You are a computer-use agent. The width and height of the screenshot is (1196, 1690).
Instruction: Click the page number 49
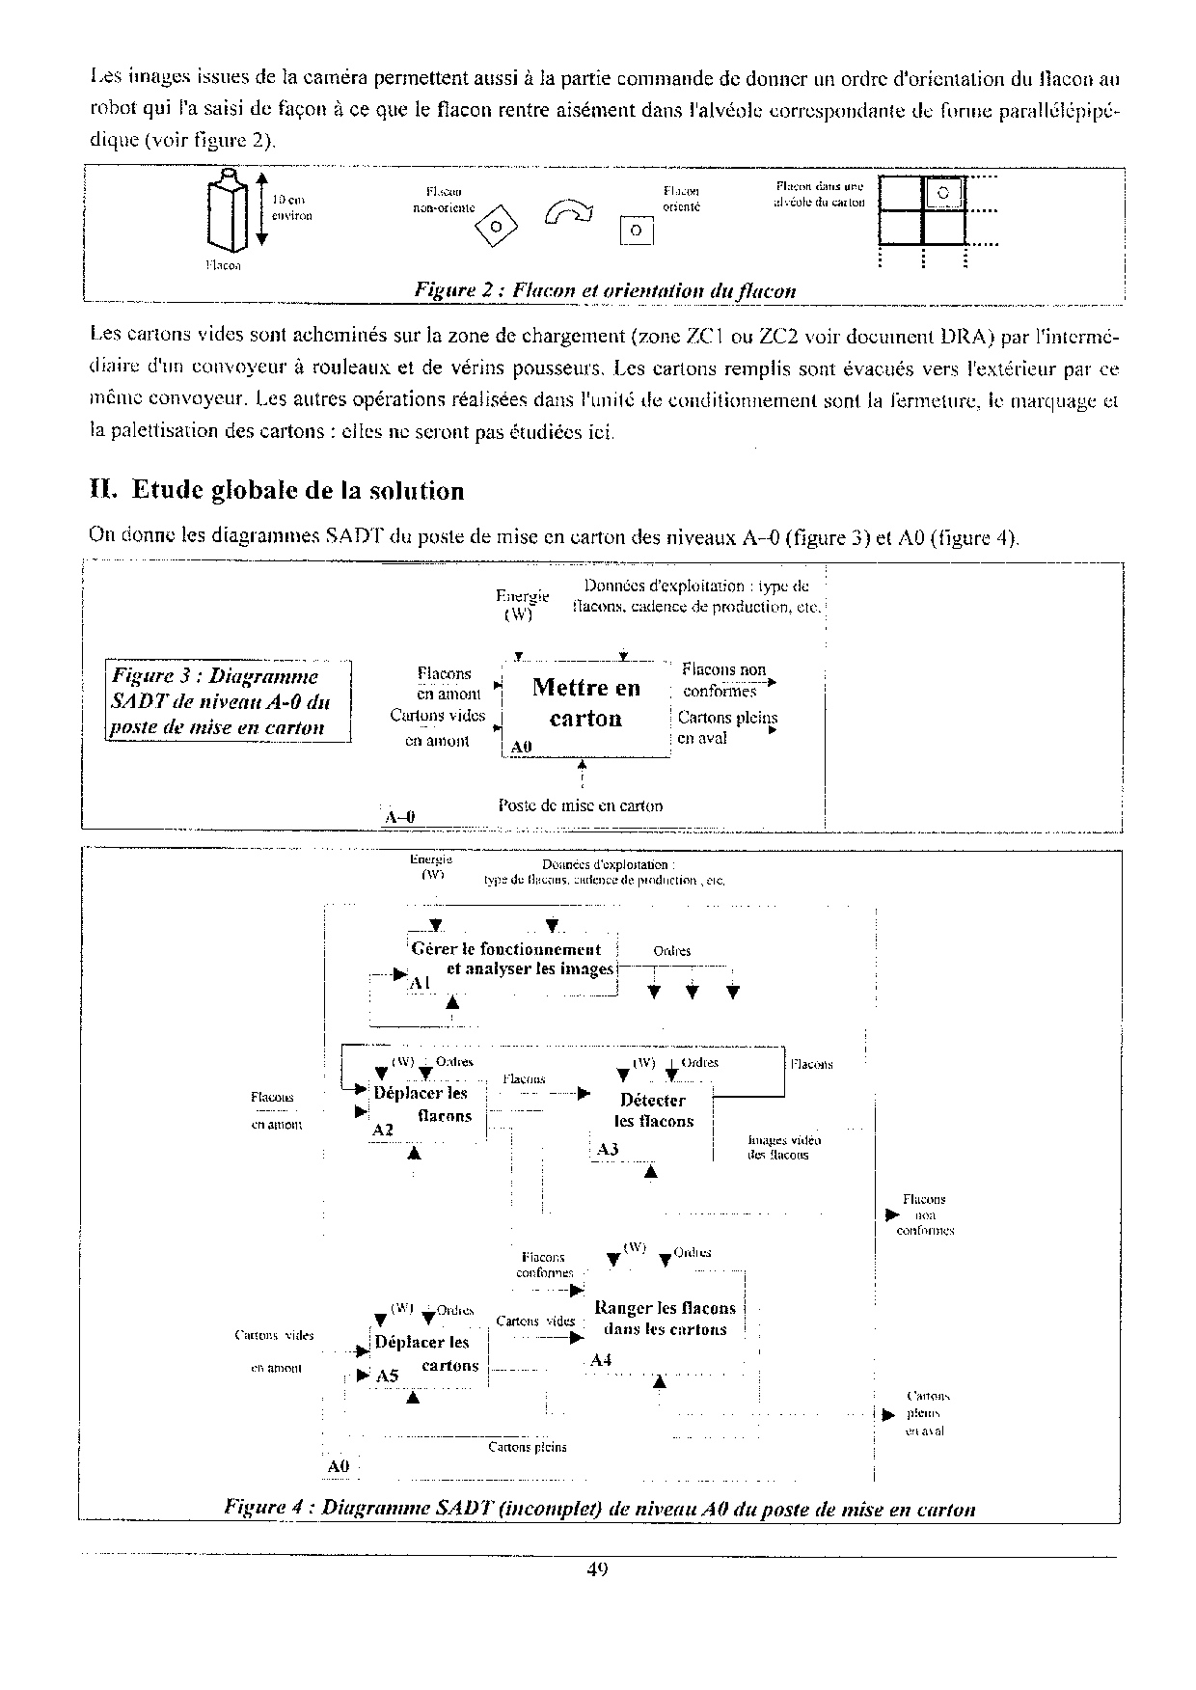(x=597, y=1569)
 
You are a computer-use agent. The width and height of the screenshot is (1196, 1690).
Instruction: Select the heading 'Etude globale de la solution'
(x=297, y=491)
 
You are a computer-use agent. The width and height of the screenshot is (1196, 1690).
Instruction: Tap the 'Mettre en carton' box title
(x=585, y=703)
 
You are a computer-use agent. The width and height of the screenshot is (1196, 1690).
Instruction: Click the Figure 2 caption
(x=605, y=290)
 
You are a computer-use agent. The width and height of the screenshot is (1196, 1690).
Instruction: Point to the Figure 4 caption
(x=599, y=1509)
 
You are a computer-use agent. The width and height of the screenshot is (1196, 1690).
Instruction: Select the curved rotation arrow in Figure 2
(x=569, y=213)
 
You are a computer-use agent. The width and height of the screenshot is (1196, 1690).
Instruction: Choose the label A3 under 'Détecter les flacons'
(x=608, y=1149)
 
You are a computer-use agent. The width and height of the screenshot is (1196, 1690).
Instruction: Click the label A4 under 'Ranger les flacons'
(x=601, y=1360)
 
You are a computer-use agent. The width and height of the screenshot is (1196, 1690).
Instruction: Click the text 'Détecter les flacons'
(x=654, y=1110)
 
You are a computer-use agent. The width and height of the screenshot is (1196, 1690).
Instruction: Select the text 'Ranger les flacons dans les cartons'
(x=665, y=1319)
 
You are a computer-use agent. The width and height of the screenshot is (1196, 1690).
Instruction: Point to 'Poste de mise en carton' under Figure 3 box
(x=581, y=805)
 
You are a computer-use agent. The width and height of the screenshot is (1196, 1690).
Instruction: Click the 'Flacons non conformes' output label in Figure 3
(x=723, y=680)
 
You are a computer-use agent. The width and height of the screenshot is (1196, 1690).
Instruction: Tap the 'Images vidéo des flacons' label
(x=784, y=1147)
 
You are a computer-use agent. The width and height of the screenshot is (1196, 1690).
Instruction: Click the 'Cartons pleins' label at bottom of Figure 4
(x=527, y=1447)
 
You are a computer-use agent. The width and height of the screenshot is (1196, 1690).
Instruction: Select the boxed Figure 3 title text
(x=228, y=701)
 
